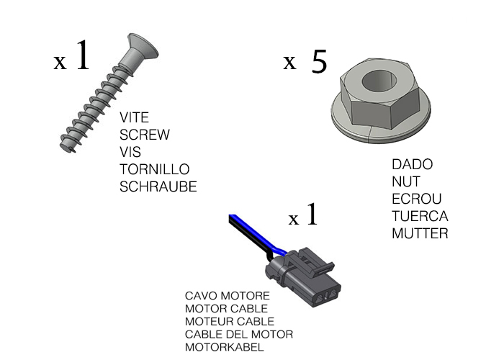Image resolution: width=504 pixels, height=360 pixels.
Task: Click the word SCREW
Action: [144, 135]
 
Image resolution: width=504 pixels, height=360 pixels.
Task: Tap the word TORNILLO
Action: [155, 169]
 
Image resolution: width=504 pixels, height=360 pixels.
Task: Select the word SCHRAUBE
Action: [158, 186]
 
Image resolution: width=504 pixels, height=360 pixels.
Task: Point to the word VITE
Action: [134, 117]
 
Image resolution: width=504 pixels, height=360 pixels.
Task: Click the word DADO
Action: [413, 165]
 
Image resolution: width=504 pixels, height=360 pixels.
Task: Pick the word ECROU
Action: [417, 199]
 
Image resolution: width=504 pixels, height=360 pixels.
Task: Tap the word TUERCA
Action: [420, 216]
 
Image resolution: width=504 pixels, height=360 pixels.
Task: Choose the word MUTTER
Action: [420, 234]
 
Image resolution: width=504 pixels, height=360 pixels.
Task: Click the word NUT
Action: [406, 182]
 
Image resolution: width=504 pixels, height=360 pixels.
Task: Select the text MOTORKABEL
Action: [225, 347]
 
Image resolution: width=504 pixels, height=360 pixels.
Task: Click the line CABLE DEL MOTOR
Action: [239, 334]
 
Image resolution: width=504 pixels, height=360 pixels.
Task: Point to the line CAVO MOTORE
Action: [228, 296]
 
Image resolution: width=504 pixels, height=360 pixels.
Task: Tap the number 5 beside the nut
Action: [319, 61]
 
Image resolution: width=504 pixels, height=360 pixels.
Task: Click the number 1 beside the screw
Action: [83, 55]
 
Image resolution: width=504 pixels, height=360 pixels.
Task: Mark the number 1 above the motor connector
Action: [312, 214]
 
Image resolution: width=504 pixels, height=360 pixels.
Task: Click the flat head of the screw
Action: [142, 47]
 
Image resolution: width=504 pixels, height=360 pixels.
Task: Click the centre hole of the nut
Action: [379, 81]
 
